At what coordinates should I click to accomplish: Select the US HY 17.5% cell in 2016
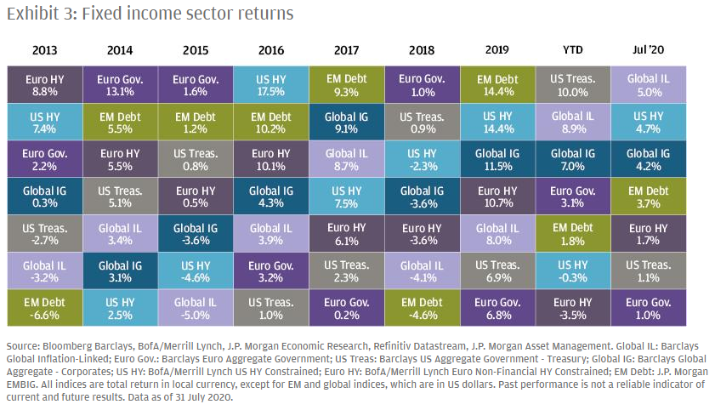270,86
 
